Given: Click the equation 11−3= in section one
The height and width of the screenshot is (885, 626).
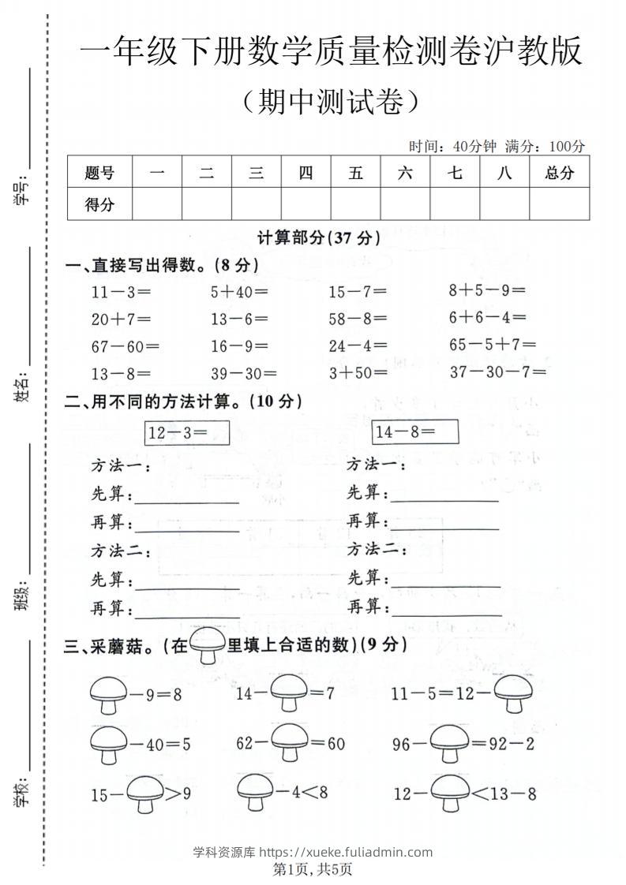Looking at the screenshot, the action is pos(121,292).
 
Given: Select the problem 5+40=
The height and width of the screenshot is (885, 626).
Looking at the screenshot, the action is pos(239,292).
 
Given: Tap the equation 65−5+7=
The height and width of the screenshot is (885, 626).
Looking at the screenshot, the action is pos(493,344).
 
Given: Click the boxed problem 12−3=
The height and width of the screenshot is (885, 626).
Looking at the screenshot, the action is pos(187,432).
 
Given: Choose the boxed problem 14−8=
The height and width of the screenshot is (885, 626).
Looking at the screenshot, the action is pos(416,432).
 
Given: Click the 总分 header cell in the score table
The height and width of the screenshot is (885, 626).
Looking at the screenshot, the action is pos(560,173).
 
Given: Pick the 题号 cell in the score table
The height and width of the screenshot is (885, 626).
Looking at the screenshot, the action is pos(99,173).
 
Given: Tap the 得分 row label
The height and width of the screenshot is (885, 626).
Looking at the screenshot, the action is pos(99,205).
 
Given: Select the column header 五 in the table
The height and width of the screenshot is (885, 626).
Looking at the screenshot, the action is pos(356,173).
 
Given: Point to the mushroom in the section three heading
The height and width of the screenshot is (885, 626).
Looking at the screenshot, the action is pos(208,646).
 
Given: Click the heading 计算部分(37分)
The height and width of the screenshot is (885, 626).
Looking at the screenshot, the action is pos(319,237).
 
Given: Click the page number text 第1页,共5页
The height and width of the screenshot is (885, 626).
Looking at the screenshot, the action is pos(313,870).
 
